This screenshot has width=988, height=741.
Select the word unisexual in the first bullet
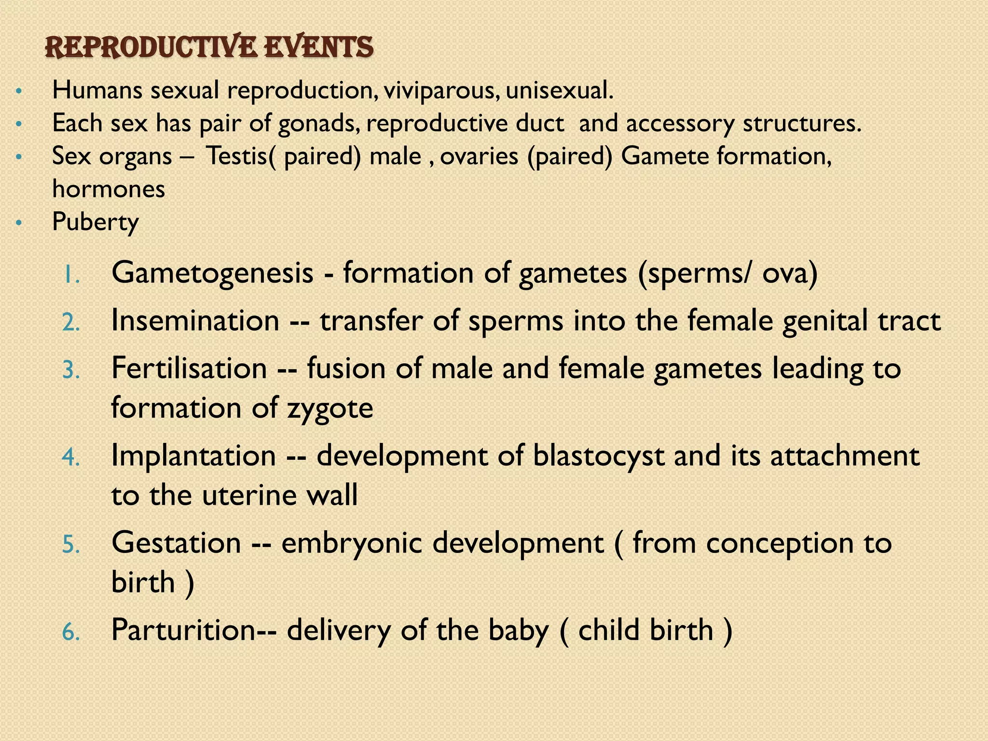(x=559, y=91)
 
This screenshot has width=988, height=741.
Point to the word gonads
(x=319, y=124)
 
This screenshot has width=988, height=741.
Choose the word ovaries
(x=479, y=156)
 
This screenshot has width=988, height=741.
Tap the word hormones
(x=109, y=189)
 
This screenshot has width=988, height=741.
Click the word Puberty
(x=95, y=222)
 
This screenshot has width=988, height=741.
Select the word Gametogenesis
(x=212, y=273)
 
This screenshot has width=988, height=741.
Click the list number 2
(x=71, y=322)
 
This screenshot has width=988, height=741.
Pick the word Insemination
(x=195, y=321)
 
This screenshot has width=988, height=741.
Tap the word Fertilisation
(x=189, y=369)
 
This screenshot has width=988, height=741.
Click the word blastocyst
(x=598, y=456)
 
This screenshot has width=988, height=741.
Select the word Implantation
(x=193, y=456)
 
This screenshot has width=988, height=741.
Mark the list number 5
(x=71, y=545)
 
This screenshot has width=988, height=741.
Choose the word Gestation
(x=176, y=543)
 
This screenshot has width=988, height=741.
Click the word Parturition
(x=183, y=631)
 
